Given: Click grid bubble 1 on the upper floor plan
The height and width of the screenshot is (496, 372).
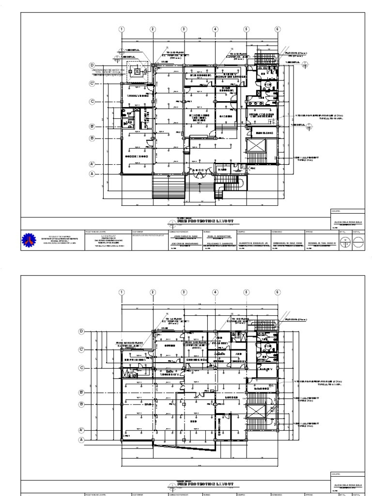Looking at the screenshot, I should [121, 29].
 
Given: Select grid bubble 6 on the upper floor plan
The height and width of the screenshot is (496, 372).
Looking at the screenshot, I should [278, 29].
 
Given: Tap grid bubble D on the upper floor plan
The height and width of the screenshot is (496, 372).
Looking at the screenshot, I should [91, 65].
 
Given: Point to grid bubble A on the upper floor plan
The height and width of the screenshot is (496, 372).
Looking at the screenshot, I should [91, 173].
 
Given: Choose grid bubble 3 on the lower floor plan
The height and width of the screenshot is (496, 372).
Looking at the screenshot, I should [184, 292].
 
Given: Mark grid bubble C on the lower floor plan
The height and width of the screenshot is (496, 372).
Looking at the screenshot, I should [81, 368].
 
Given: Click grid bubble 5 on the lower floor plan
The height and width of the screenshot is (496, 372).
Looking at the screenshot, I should [247, 292].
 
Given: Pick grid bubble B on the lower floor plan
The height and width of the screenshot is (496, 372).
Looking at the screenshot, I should [81, 404].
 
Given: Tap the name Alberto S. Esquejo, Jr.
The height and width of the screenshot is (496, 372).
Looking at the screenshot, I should [251, 243].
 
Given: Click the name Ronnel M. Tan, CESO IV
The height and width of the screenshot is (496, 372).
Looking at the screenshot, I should [320, 243].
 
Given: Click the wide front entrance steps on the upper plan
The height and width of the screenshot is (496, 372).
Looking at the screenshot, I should [168, 185].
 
